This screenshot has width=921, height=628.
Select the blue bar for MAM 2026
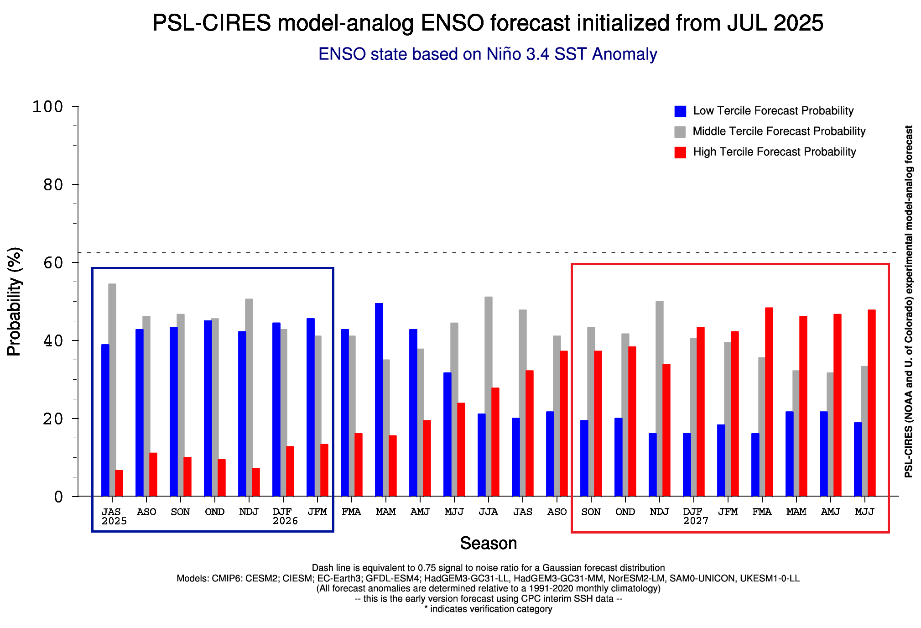(x=379, y=399)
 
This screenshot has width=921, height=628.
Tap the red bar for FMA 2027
(x=769, y=402)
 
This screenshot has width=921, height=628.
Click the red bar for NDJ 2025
(x=256, y=482)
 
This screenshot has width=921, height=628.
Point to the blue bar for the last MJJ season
(x=858, y=459)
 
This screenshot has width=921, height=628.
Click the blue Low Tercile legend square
(x=680, y=111)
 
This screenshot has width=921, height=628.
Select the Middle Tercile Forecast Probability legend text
(x=779, y=131)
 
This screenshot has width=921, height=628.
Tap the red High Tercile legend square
(x=680, y=152)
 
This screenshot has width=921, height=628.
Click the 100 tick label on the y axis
(x=47, y=107)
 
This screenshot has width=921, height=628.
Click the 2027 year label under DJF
(x=696, y=521)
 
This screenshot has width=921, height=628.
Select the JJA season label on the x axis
(x=488, y=512)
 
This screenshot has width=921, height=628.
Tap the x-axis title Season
(x=488, y=543)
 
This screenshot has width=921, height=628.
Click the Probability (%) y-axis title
(x=14, y=301)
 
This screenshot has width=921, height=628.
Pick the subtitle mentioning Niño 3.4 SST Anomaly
(x=488, y=54)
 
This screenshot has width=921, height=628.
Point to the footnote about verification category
(x=488, y=609)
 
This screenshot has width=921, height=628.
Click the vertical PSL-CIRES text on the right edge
(x=908, y=301)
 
